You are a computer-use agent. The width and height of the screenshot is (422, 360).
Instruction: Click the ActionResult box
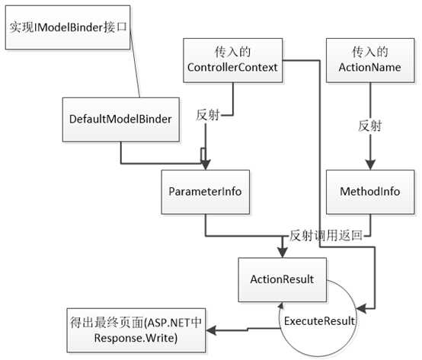tap(281, 279)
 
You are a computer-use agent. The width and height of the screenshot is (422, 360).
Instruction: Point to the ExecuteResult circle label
tap(319, 320)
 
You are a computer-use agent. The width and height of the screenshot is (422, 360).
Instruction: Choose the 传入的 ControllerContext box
tap(231, 62)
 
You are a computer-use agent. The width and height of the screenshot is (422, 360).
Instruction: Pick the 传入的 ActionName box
tap(369, 62)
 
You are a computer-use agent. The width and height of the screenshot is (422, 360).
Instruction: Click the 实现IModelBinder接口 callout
tap(66, 27)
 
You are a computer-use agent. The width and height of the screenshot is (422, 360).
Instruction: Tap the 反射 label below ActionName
tap(369, 126)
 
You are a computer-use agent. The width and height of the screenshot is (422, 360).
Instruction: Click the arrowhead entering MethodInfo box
tap(369, 165)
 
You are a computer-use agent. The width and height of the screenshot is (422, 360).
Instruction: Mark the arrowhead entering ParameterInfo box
tap(204, 165)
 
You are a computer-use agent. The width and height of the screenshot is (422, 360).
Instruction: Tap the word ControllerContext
tap(231, 69)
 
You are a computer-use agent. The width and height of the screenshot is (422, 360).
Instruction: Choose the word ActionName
tap(369, 69)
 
